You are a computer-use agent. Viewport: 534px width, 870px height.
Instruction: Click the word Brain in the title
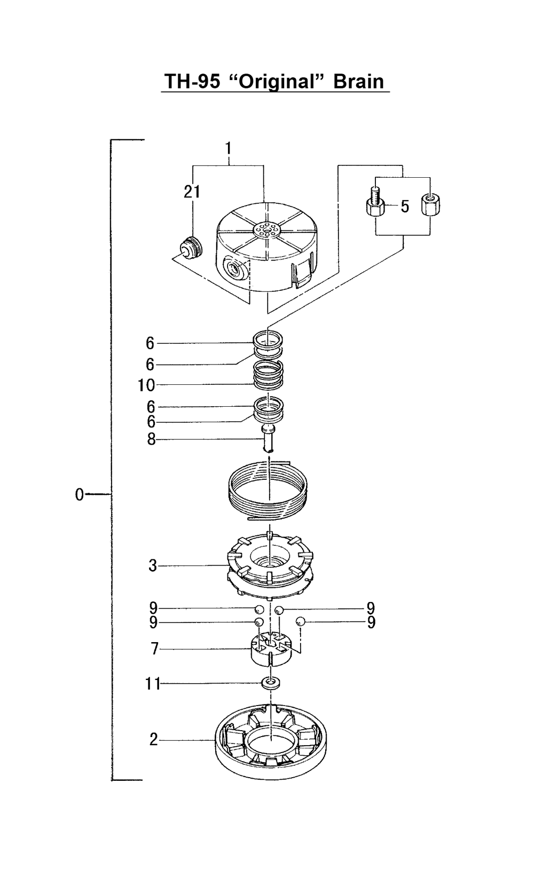pos(358,81)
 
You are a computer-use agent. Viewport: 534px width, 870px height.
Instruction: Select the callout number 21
pos(192,192)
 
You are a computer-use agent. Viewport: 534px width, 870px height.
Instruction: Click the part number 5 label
pos(405,207)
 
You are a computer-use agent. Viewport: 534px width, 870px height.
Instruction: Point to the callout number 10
pos(146,385)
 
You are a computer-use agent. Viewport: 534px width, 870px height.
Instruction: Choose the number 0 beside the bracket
pos(79,495)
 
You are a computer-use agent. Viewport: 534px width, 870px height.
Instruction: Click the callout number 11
pos(153,684)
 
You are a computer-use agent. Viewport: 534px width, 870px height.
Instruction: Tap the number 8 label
pos(151,439)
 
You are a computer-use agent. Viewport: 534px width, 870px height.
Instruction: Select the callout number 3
pos(153,566)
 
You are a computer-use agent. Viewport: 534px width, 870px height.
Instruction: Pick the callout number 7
pos(155,648)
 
